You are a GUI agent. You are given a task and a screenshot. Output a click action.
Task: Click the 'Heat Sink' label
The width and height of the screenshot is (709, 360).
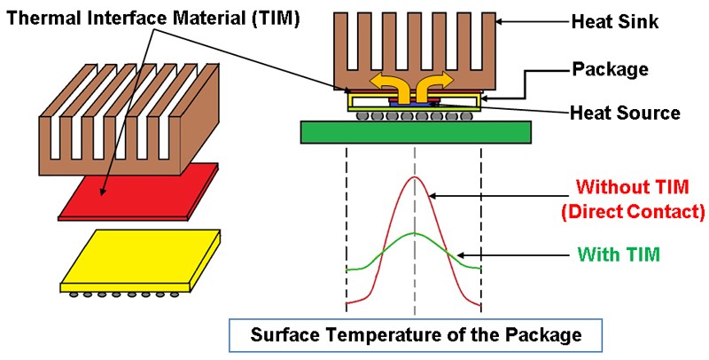[x=615, y=22]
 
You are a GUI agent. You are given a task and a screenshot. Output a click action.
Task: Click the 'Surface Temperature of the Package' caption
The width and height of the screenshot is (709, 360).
[x=415, y=335]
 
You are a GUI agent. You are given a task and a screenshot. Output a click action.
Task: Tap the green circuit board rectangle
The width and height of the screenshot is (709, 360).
[x=416, y=132]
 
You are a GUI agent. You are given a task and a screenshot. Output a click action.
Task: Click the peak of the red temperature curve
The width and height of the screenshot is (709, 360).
[x=414, y=177]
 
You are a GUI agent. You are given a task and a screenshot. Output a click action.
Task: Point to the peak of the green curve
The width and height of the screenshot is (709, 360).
[x=414, y=233]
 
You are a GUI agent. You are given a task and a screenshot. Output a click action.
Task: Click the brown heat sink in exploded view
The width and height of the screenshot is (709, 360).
[x=120, y=124]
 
